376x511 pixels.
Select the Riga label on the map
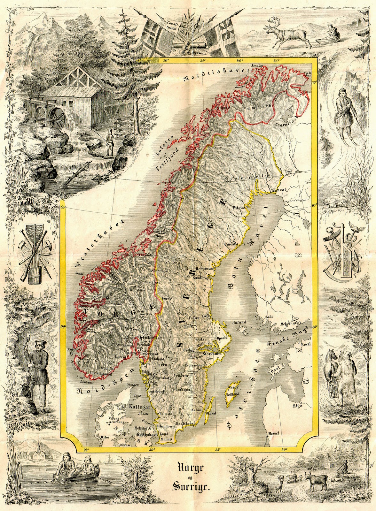point(297,406)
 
